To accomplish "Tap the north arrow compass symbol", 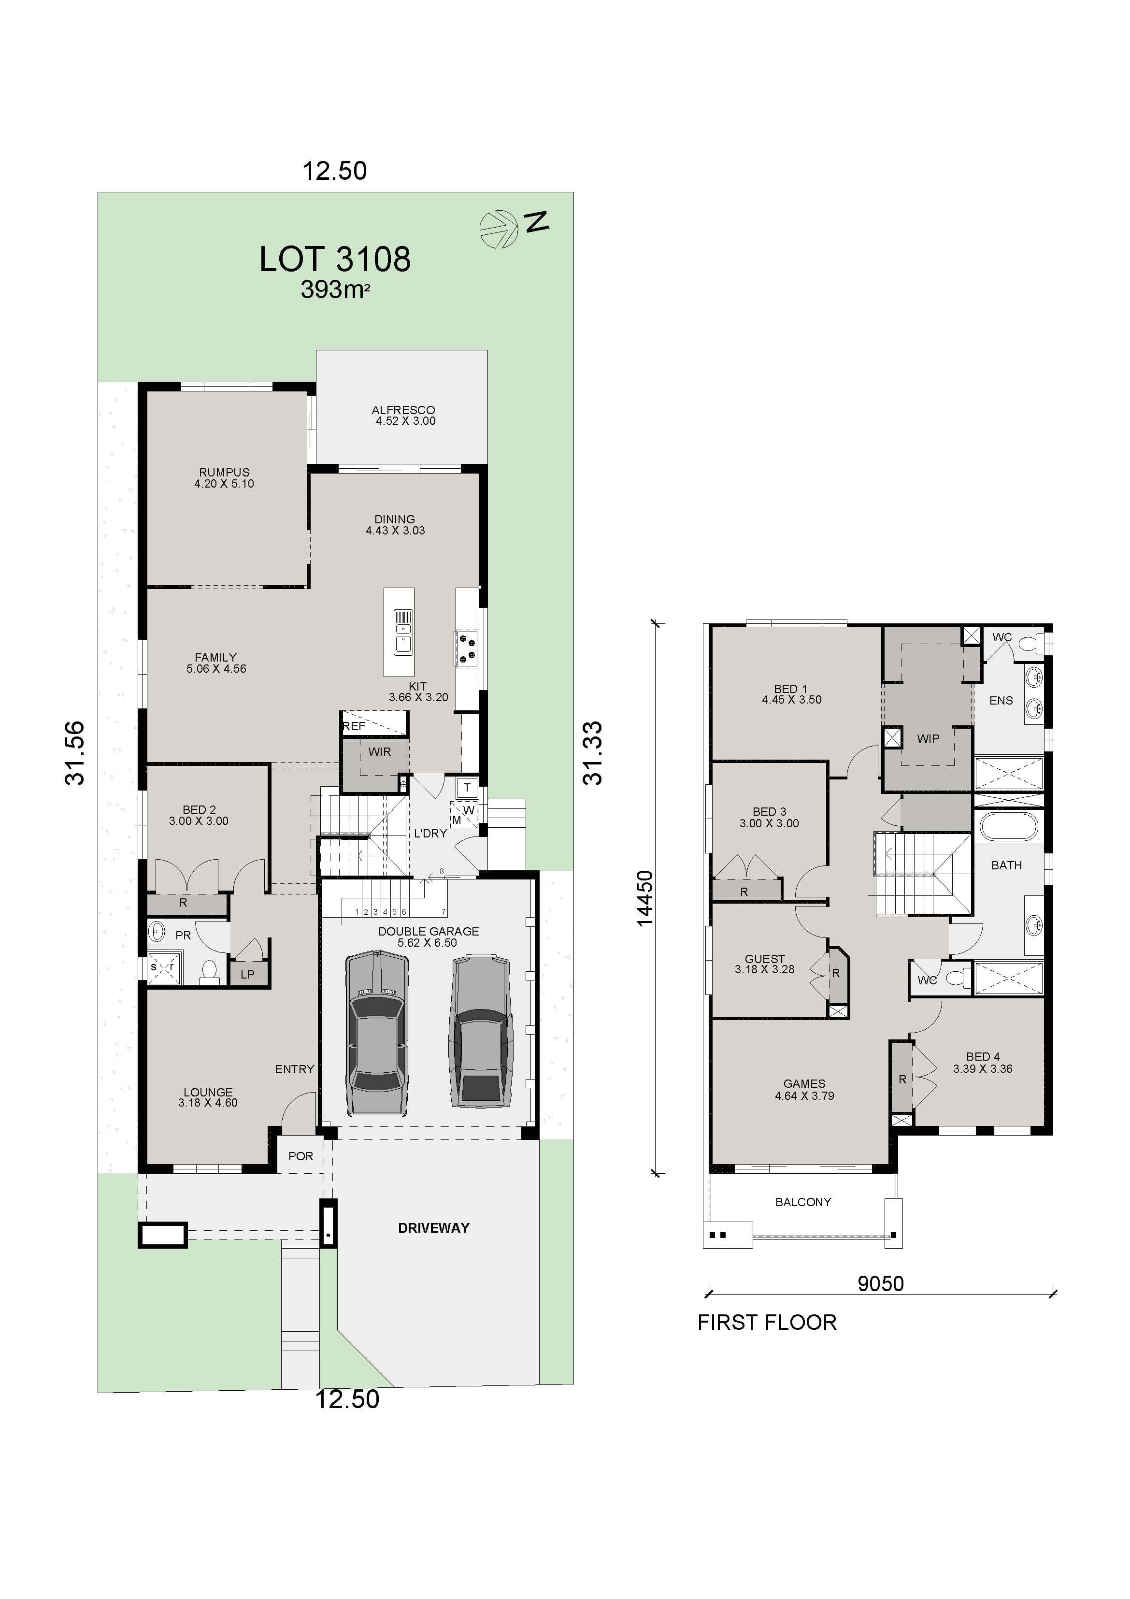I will [x=499, y=229].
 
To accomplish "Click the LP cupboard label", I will [x=247, y=974].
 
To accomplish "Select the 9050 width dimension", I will [x=880, y=1283].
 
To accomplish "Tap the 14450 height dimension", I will [x=645, y=898].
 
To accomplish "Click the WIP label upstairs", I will [x=928, y=739].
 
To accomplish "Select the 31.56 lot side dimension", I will [x=74, y=753].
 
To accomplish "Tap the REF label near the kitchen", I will [x=354, y=726].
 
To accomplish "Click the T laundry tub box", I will [x=467, y=788].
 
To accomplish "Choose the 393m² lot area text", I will [x=335, y=289].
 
